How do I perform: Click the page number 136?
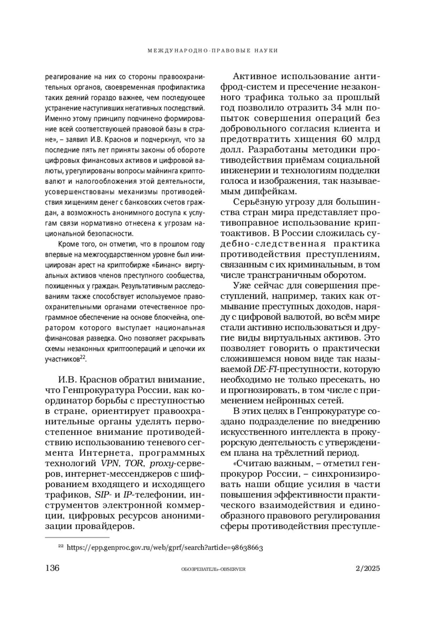[52, 568]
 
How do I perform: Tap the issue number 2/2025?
[368, 568]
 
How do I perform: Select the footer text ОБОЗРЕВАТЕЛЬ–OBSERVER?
[213, 569]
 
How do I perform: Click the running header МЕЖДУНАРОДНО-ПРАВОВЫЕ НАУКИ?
[212, 51]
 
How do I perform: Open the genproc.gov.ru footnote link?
[165, 547]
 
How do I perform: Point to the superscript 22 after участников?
[82, 358]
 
